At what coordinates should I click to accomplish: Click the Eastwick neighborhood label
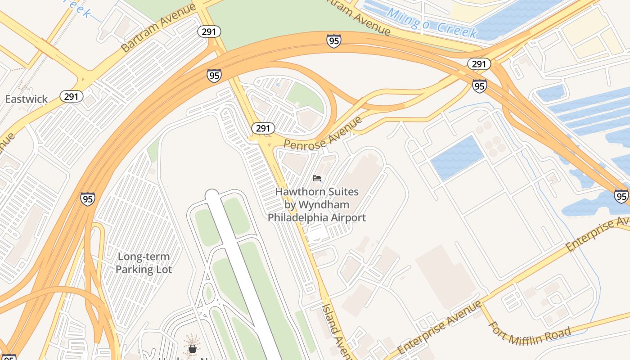coord(26,99)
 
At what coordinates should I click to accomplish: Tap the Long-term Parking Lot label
coord(144,263)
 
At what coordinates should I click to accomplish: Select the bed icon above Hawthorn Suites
coord(317,178)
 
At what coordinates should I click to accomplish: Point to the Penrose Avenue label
coord(323,133)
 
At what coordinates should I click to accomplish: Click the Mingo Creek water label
coord(432,23)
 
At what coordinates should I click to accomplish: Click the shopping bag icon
coord(193,348)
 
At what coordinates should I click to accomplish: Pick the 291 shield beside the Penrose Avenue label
coord(263,128)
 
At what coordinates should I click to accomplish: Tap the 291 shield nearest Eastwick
coord(72,96)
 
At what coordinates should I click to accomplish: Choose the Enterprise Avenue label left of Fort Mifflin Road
coord(439,328)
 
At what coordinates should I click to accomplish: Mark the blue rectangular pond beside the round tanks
coord(457,157)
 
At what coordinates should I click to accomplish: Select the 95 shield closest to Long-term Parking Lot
coord(88,198)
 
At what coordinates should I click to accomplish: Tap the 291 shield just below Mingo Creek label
coord(479,64)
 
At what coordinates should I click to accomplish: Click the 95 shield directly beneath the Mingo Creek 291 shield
coord(479,85)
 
